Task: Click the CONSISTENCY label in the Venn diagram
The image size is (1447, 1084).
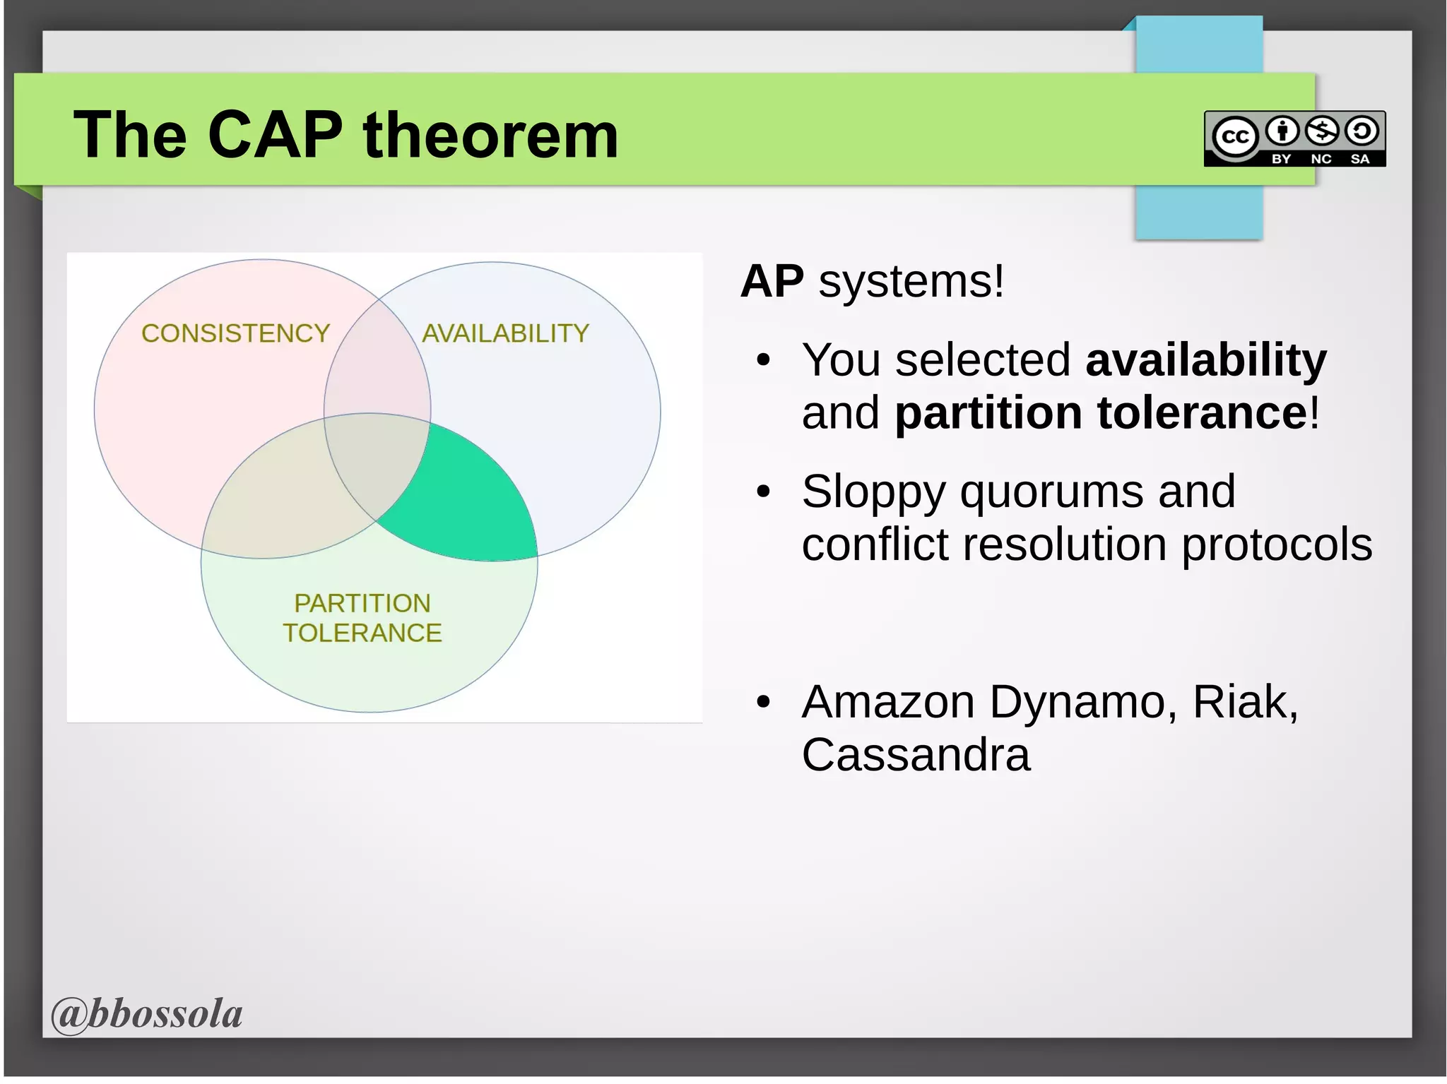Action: (235, 333)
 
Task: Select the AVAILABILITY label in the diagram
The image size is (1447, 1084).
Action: (505, 333)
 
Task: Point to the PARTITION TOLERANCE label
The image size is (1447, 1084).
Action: (362, 618)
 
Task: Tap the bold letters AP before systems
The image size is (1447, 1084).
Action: (772, 281)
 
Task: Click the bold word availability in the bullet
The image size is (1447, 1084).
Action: (1205, 360)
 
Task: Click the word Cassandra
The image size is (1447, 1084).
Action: (916, 754)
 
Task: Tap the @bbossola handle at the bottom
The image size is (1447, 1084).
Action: (147, 1014)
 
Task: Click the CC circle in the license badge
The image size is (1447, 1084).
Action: (1234, 136)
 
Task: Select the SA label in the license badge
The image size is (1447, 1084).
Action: (1359, 159)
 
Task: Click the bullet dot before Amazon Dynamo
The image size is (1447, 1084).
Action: (762, 702)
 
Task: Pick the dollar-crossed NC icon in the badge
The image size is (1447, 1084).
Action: (1321, 131)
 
